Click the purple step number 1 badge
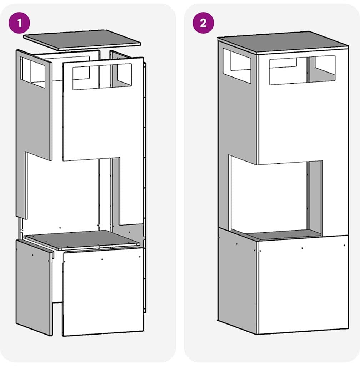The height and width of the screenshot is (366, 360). [19, 23]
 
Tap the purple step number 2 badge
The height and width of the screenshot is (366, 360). [203, 23]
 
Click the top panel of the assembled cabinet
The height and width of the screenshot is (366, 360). [283, 42]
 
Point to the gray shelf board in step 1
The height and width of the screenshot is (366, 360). [82, 240]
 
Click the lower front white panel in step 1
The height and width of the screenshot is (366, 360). [103, 292]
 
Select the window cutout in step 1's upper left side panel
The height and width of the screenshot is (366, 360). [32, 73]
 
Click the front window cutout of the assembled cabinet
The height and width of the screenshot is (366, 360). [302, 70]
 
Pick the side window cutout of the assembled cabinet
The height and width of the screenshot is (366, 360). [237, 66]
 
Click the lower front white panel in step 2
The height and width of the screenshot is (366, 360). [304, 285]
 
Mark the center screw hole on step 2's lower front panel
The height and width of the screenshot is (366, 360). [302, 248]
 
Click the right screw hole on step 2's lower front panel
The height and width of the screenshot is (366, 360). [344, 246]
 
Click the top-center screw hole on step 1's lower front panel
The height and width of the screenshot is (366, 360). [102, 259]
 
